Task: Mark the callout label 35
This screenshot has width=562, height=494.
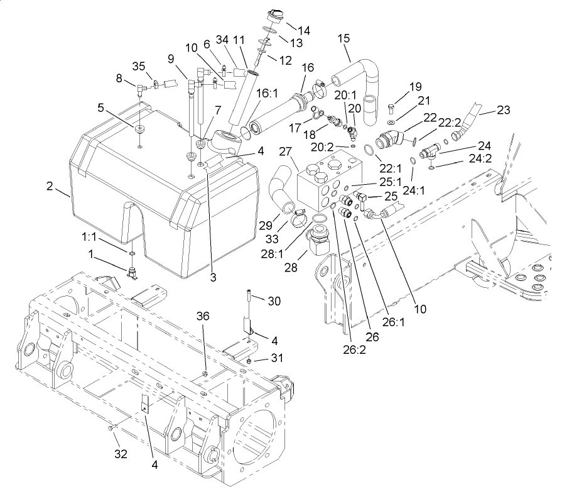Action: tap(138, 67)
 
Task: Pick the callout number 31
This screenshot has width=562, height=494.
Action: tap(276, 358)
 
